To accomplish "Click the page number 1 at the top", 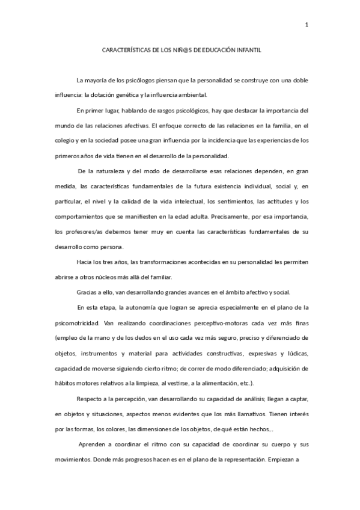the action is coord(307,25).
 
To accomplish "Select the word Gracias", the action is coord(87,293).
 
